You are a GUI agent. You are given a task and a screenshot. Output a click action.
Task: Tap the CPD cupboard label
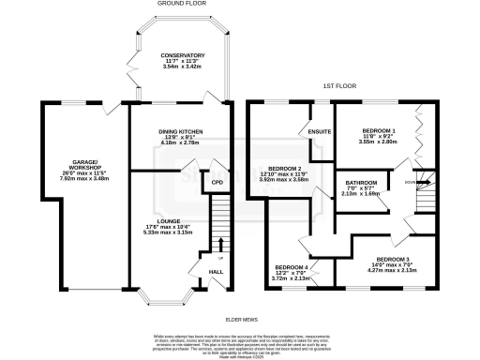click(217, 182)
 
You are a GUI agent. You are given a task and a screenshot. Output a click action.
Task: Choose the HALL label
click(215, 271)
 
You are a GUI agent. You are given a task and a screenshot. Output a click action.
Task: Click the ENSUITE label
click(320, 132)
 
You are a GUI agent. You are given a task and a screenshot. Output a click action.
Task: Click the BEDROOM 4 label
click(292, 266)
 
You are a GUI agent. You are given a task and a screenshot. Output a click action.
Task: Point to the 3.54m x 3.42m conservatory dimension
click(181, 68)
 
